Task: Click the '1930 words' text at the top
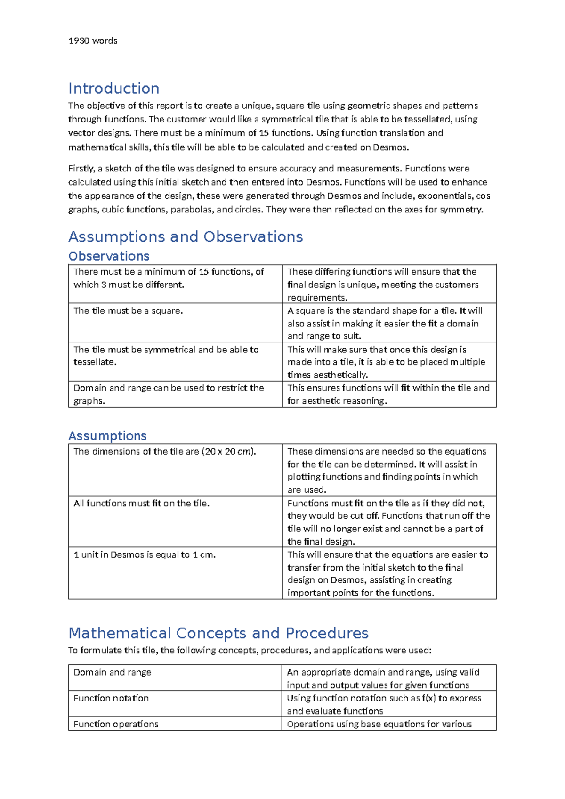[x=93, y=41]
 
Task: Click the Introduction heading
[x=113, y=89]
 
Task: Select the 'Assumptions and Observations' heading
[x=186, y=236]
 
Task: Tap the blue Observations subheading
[x=109, y=256]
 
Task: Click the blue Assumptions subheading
[x=107, y=436]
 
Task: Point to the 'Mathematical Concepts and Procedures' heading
[x=218, y=633]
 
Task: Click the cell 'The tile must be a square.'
[x=128, y=311]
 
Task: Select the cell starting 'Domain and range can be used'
[x=168, y=394]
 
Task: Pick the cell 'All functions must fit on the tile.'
[x=141, y=504]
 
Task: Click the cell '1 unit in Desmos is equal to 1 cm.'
[x=145, y=555]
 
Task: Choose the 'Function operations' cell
[x=116, y=724]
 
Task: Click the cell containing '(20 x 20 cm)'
[x=165, y=452]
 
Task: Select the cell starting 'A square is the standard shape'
[x=385, y=323]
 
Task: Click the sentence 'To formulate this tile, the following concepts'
[x=250, y=651]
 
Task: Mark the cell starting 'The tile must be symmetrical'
[x=166, y=356]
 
